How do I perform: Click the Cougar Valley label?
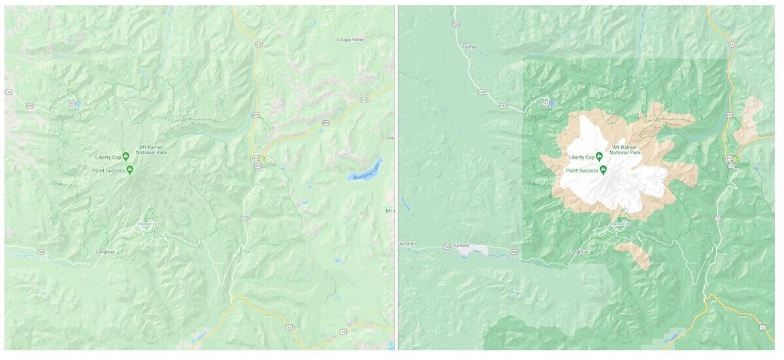(350, 40)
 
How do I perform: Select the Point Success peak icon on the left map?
(130, 170)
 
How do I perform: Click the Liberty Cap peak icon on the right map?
(598, 157)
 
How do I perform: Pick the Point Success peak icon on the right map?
(604, 170)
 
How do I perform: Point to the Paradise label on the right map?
(621, 224)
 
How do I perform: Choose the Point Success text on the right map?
(581, 171)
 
